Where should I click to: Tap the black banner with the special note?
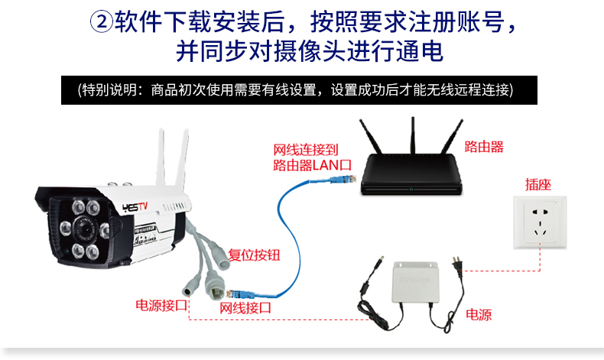[x=299, y=89]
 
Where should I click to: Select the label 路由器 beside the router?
[x=484, y=147]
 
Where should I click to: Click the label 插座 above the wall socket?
[x=538, y=183]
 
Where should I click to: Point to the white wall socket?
[x=540, y=222]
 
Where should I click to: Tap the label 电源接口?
[x=161, y=305]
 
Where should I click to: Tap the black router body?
[x=411, y=175]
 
